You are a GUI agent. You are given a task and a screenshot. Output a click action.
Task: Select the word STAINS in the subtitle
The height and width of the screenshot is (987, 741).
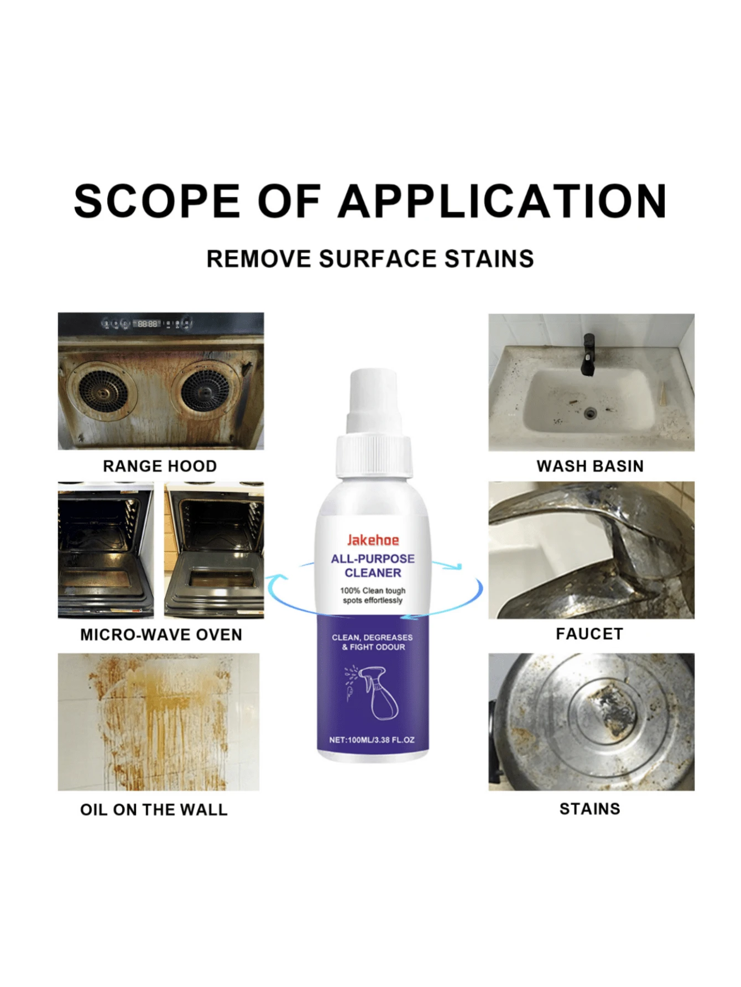[x=489, y=259]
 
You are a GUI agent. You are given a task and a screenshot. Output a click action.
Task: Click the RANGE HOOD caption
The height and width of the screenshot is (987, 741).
[x=160, y=466]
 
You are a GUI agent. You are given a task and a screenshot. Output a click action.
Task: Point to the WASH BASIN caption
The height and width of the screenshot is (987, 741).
[x=590, y=466]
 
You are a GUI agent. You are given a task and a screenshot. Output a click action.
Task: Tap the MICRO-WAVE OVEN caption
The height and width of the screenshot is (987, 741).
[x=161, y=634]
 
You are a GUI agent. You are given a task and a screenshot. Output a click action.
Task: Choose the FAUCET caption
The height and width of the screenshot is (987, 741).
[x=589, y=634]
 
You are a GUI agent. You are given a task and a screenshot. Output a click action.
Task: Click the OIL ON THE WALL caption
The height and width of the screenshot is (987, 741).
[x=154, y=810]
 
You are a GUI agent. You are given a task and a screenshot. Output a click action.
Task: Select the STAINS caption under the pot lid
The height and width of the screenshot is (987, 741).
[x=590, y=809]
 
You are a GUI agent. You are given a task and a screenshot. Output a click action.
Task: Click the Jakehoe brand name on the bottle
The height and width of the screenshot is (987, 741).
[x=373, y=540]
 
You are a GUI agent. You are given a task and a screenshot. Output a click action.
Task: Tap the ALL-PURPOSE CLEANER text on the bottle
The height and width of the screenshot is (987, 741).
[x=373, y=566]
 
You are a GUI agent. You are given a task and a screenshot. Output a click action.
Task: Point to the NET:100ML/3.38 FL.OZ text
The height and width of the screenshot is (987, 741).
[x=372, y=740]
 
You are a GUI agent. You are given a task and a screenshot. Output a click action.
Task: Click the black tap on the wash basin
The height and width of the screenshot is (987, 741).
[x=588, y=355]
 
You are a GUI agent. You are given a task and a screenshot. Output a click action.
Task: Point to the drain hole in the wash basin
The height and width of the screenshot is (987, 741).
[x=591, y=412]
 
